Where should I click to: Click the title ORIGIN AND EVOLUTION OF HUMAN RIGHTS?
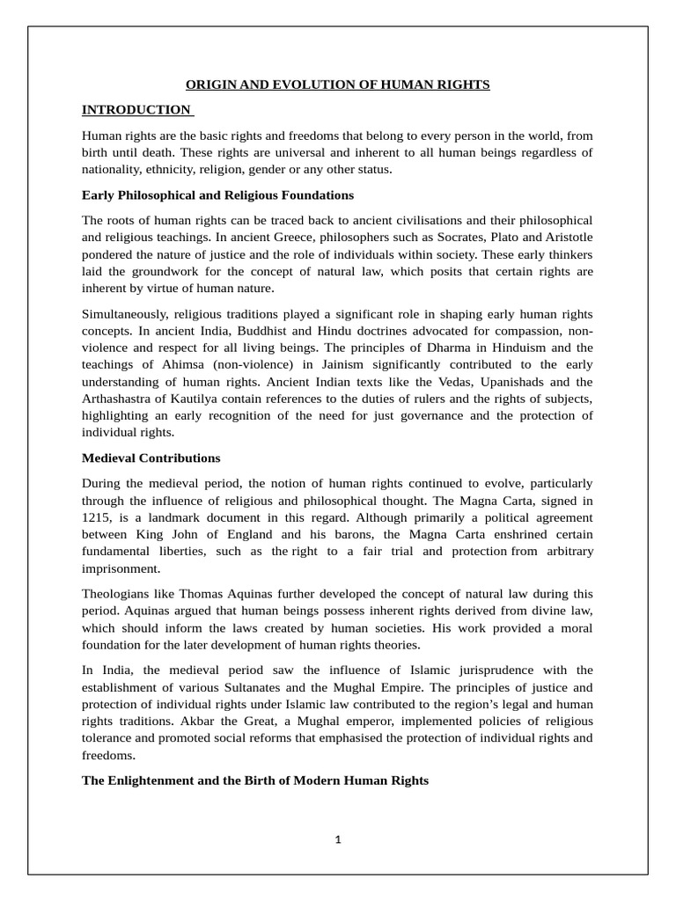tap(337, 84)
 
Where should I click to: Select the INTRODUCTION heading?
tap(136, 110)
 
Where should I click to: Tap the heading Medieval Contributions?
tap(151, 458)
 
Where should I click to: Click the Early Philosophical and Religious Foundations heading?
tap(217, 194)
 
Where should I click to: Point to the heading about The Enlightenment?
tap(255, 780)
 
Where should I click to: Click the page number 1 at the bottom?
tap(337, 839)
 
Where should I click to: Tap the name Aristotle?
tap(565, 238)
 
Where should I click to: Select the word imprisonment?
tap(121, 568)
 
